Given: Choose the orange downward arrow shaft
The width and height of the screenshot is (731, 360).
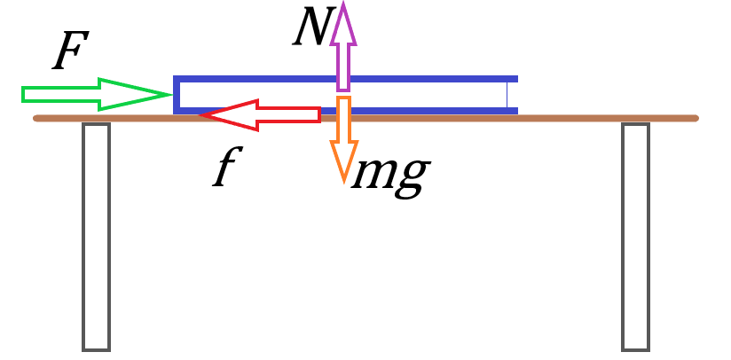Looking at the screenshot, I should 343,119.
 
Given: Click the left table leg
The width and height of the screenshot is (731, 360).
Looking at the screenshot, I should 96,236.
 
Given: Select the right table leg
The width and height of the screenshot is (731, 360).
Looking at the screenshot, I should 635,236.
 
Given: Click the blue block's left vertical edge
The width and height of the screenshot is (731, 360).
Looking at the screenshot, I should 177,94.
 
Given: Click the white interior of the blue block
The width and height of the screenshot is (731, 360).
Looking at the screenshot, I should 426,95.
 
